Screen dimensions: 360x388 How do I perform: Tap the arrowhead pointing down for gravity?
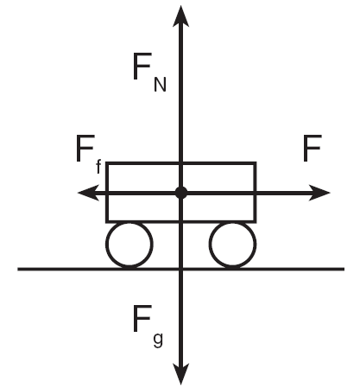[180, 374]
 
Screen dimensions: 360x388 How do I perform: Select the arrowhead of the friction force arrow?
[88, 193]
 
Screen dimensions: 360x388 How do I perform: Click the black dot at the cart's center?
[181, 193]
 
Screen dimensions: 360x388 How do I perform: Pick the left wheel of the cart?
[129, 245]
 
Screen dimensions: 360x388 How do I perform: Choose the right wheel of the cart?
[232, 245]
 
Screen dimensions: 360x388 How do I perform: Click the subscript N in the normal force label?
[161, 86]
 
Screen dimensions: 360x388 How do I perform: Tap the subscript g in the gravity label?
[158, 340]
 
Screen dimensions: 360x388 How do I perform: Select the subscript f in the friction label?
[98, 167]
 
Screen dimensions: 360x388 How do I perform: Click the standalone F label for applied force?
[313, 148]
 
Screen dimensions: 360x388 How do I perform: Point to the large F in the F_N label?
[142, 67]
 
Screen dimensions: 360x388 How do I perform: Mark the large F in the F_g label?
[142, 319]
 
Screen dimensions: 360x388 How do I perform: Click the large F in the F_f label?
[85, 148]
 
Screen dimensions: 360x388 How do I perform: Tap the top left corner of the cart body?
[107, 163]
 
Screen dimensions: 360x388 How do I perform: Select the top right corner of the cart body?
[255, 163]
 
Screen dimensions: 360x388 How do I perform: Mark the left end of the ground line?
[18, 270]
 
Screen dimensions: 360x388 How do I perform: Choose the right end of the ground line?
[344, 270]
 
